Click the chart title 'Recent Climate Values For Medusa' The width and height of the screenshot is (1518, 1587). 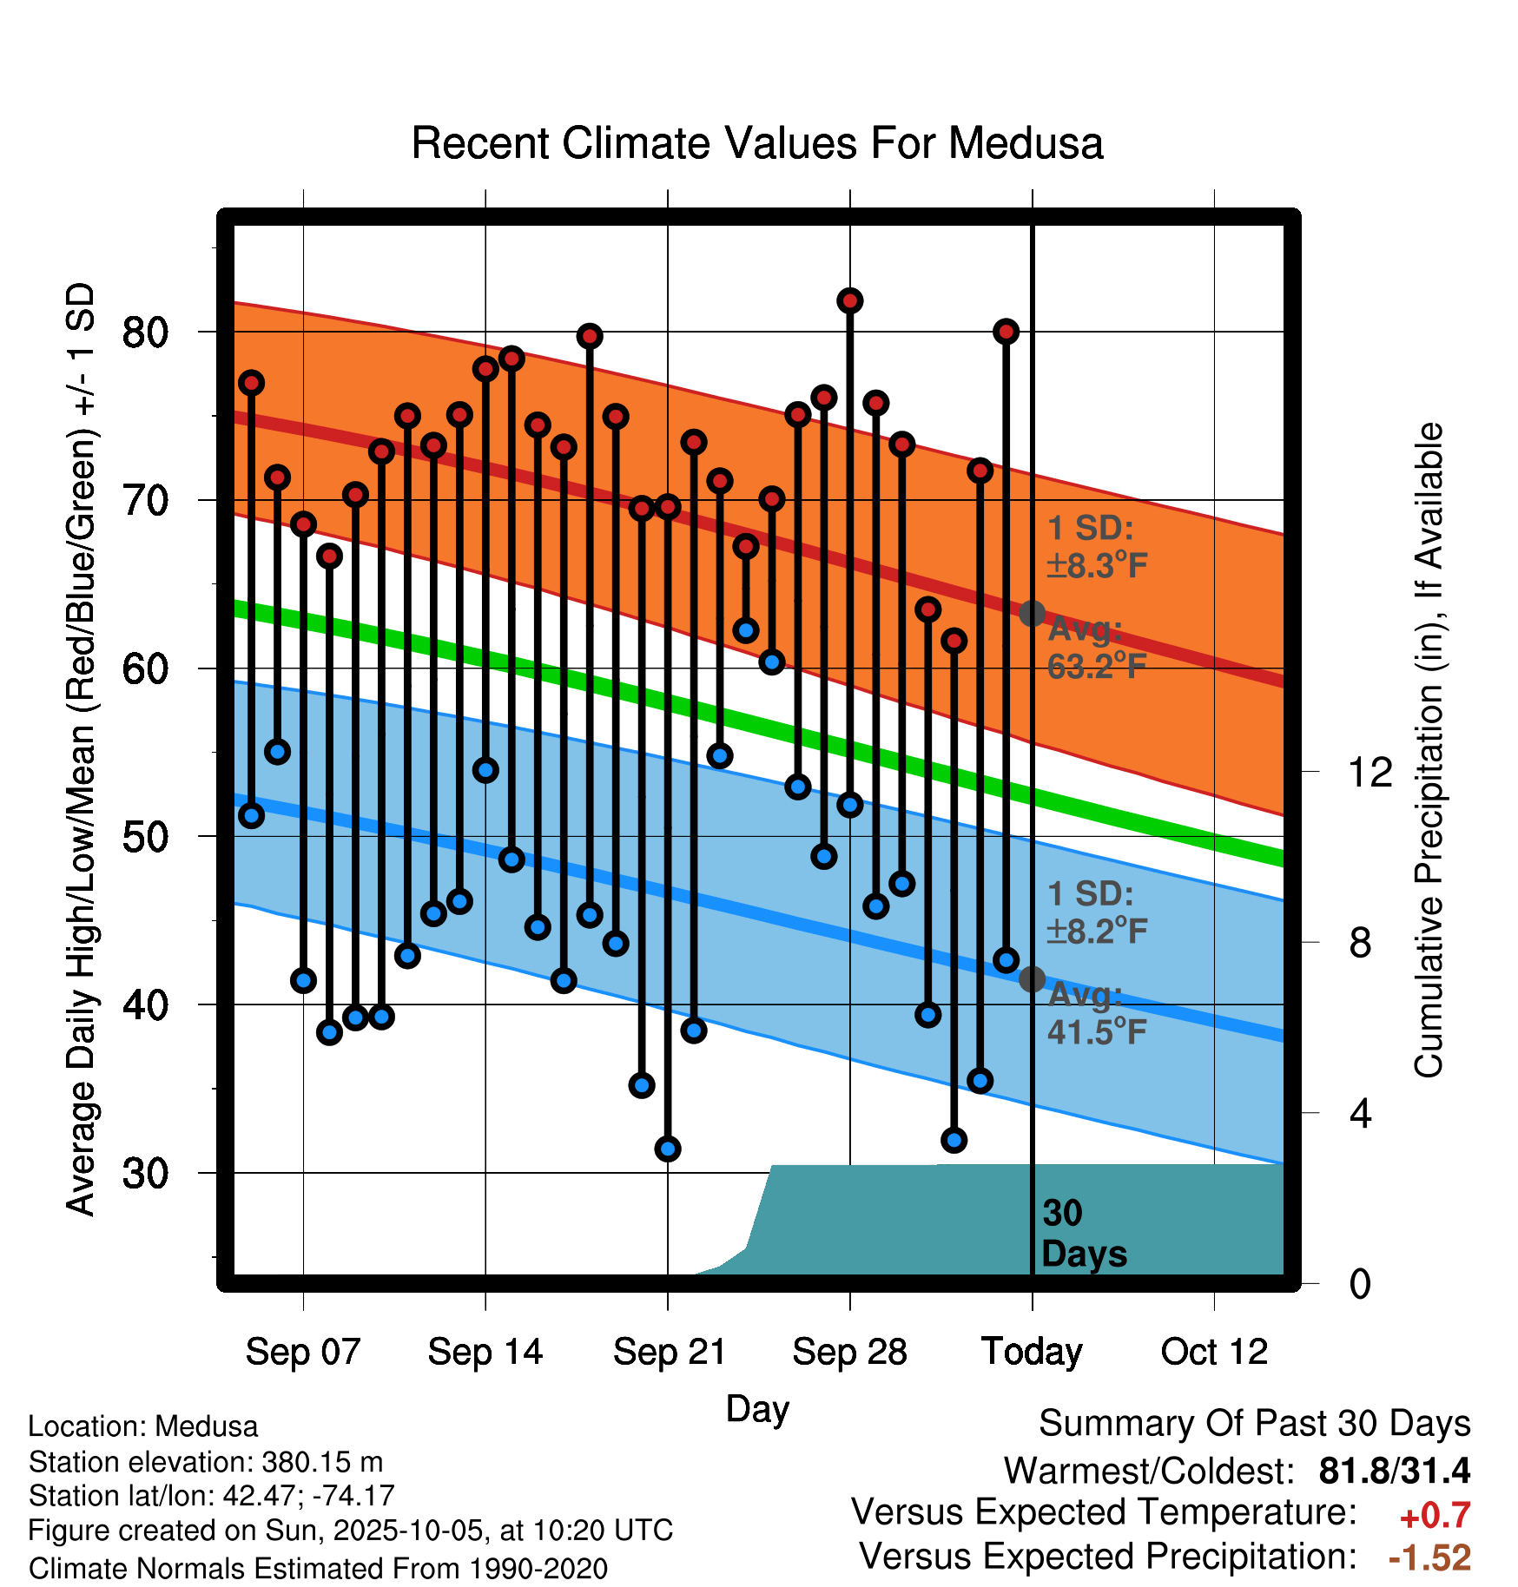point(757,143)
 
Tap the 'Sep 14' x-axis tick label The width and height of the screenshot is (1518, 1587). point(485,1352)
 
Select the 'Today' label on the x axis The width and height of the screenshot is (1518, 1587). point(1032,1352)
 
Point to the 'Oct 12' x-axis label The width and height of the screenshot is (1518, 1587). point(1214,1352)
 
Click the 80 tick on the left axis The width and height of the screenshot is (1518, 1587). point(145,332)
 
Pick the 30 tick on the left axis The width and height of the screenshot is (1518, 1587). point(145,1173)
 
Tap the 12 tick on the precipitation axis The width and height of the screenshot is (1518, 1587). point(1369,772)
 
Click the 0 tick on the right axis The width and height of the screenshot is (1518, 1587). point(1360,1283)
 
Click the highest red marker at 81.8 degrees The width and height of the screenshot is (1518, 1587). point(849,300)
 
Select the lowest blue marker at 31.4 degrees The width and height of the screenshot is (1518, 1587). point(668,1149)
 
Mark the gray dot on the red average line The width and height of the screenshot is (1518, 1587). point(1032,613)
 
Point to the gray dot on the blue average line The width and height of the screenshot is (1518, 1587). point(1032,979)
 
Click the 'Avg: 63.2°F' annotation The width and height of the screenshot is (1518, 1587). point(1096,648)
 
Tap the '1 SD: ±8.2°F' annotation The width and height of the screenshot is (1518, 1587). point(1096,912)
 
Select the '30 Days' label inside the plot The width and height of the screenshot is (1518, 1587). point(1083,1234)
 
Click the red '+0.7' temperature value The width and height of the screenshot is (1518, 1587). point(1435,1516)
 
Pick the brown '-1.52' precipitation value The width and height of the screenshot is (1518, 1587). point(1429,1557)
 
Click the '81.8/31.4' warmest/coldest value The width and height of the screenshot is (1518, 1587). point(1394,1471)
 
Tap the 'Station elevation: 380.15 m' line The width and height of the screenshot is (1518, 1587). point(206,1462)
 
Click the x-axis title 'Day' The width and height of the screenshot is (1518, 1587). point(757,1408)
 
